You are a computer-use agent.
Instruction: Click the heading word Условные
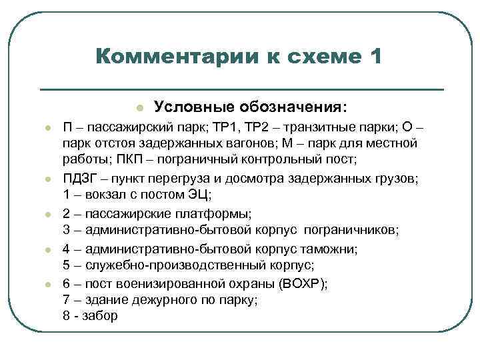[186, 106]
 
